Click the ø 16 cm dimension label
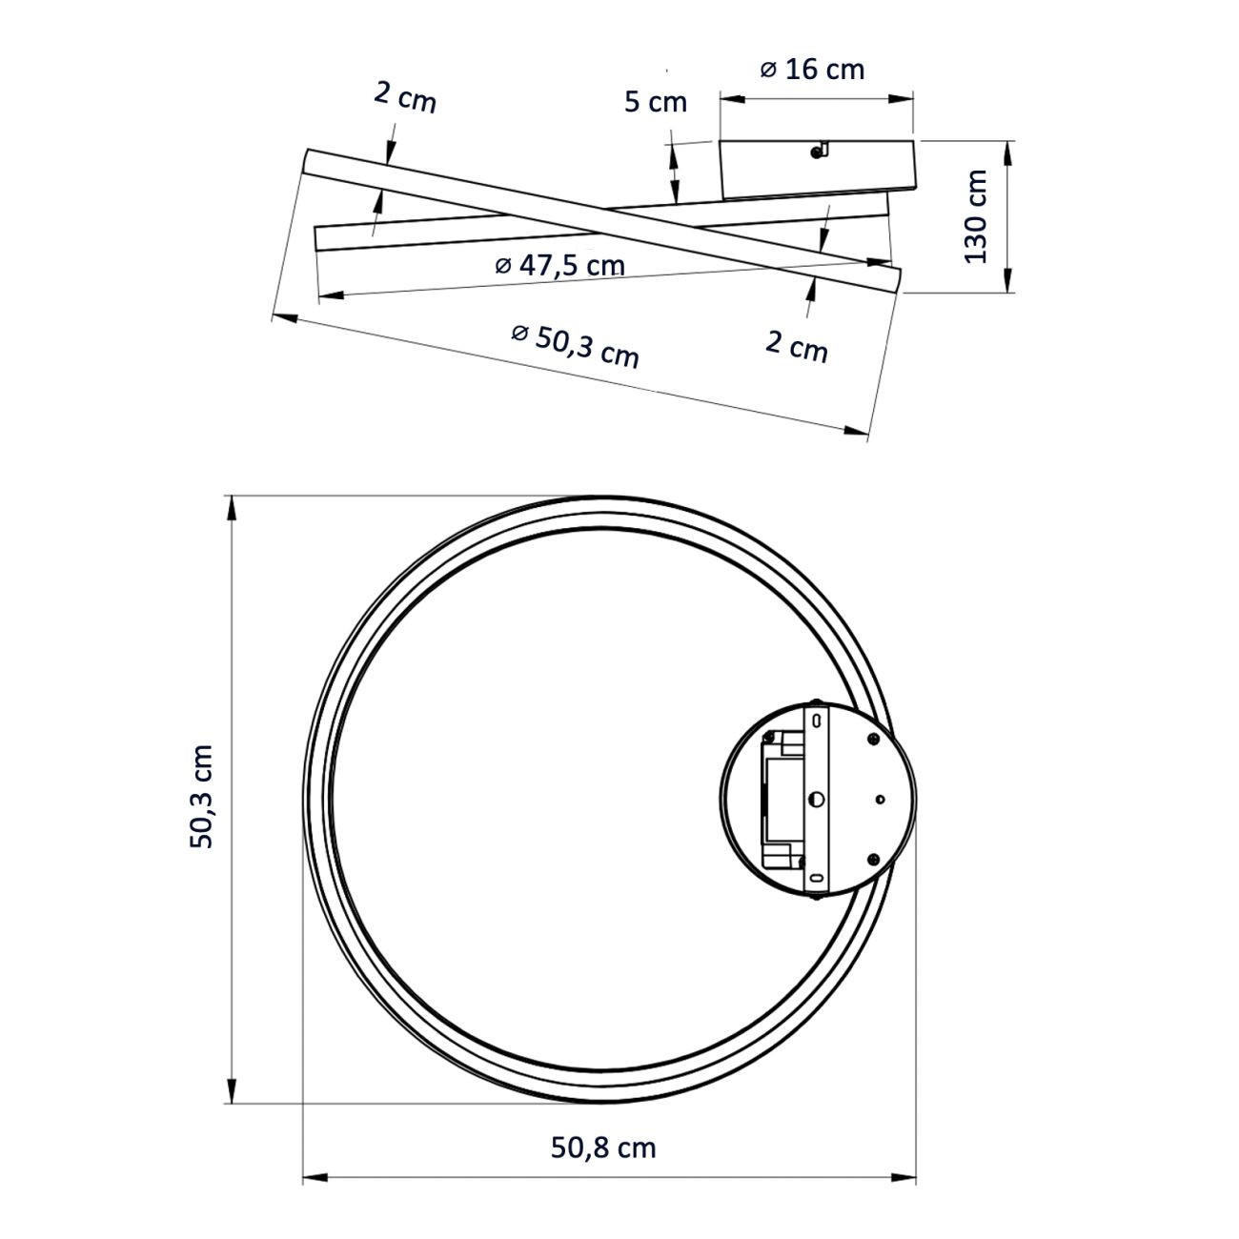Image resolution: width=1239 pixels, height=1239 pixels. click(812, 70)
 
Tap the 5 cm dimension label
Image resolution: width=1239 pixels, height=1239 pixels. click(656, 102)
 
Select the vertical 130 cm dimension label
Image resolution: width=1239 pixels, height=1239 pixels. click(975, 216)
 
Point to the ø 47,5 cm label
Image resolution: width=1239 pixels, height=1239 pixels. click(560, 264)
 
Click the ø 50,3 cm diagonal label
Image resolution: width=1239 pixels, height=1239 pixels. click(576, 347)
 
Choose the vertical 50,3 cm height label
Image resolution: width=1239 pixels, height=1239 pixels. click(201, 797)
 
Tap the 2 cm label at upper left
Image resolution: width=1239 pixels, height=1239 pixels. click(405, 98)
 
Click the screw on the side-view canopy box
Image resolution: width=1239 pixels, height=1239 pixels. click(817, 152)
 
